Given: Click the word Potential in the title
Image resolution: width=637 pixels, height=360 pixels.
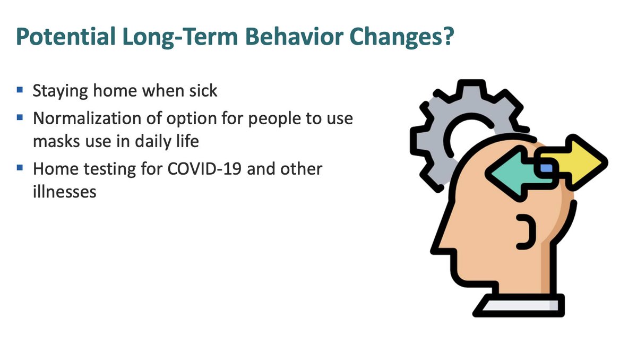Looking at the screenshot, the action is [66, 37].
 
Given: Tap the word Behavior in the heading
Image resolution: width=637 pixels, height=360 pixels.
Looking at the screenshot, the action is [294, 36].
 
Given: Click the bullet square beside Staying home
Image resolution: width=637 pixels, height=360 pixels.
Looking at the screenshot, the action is [20, 90].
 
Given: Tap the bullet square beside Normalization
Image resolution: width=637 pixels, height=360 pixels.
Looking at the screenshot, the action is [20, 117].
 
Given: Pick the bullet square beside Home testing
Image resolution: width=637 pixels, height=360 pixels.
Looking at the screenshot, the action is [20, 167].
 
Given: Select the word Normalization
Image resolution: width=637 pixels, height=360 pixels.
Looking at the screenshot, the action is [87, 118].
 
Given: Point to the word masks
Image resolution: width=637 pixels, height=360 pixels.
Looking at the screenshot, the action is [56, 142].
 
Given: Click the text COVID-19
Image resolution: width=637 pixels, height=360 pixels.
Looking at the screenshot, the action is [204, 169].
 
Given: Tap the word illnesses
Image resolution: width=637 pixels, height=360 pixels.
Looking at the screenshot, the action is [65, 192].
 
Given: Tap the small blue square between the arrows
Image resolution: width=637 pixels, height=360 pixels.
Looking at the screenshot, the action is [547, 168].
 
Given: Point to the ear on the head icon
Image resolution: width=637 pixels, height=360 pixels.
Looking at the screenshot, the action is [526, 232].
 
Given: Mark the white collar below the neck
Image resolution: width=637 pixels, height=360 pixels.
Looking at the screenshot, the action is [519, 305].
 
